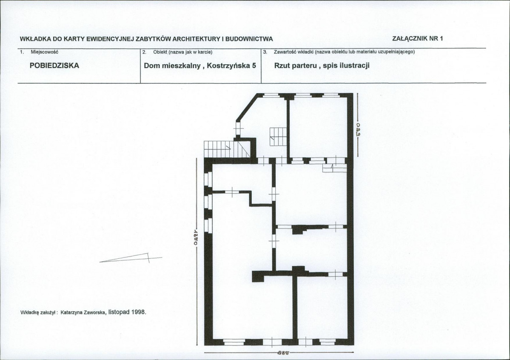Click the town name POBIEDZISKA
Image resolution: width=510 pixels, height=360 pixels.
coord(54,66)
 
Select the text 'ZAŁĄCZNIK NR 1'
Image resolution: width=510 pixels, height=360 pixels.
coord(418,38)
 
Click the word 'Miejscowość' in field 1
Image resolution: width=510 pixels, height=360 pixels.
coord(44,52)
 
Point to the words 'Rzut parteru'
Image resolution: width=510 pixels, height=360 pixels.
coord(296,66)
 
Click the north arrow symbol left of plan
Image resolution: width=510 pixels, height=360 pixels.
coord(130,257)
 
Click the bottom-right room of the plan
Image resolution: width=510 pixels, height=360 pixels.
coord(322,308)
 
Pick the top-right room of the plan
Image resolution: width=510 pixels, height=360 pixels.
coord(319,127)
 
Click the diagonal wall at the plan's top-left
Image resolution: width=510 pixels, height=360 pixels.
coord(247,107)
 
